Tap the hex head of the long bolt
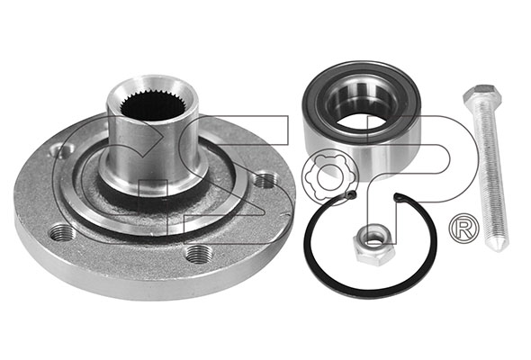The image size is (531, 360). click(x=482, y=94)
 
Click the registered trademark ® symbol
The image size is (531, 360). click(x=463, y=228)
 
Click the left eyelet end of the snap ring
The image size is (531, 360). click(x=352, y=194)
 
